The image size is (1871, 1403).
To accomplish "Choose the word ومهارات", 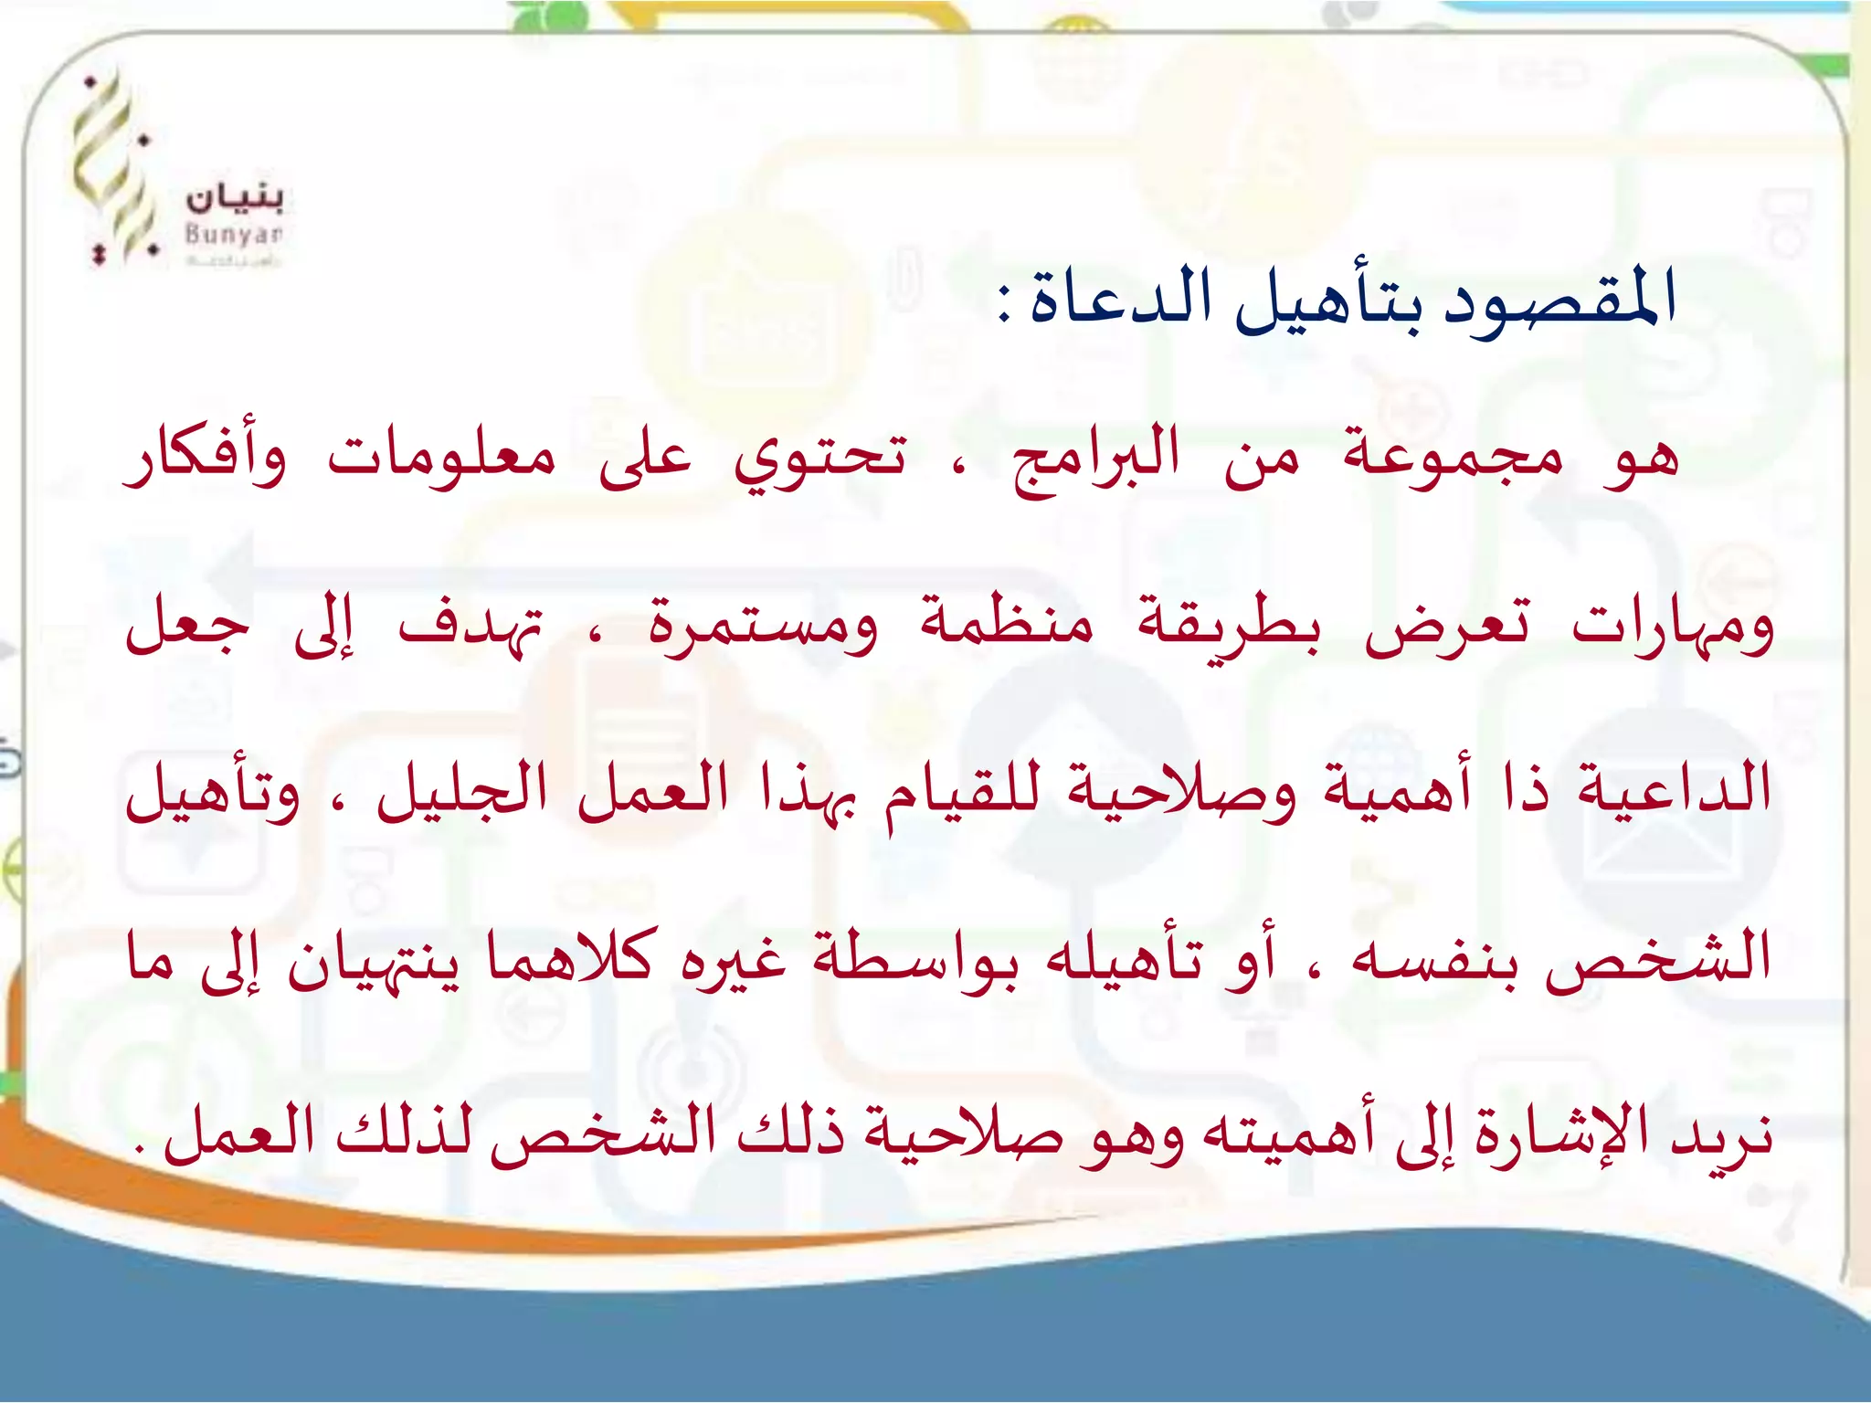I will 1672,626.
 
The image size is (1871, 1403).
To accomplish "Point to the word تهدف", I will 470,626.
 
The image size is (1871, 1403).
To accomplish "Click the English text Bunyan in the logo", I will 234,234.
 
